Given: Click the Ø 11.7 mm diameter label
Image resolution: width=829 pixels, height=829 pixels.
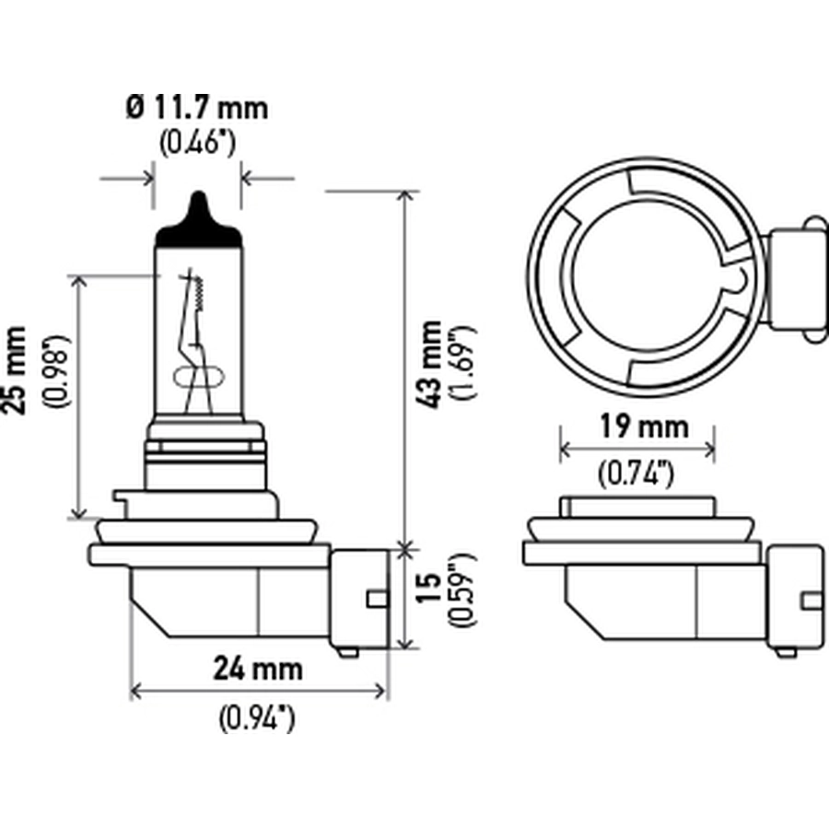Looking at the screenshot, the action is click(197, 108).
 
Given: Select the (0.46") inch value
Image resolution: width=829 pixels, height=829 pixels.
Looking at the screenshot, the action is click(197, 142).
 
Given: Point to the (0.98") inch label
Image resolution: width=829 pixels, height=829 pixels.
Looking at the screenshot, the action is click(56, 370).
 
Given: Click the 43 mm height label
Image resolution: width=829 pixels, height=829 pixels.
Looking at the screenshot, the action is click(428, 364).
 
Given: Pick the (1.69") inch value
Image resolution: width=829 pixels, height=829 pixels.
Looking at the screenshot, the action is click(462, 363).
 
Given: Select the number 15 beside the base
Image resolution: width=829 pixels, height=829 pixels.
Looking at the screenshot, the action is click(428, 587).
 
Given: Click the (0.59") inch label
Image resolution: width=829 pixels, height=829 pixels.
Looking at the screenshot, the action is click(462, 590).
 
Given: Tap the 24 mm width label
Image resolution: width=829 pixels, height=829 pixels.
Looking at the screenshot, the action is click(258, 669).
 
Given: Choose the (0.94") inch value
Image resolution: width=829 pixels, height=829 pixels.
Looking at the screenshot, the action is click(257, 718).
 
